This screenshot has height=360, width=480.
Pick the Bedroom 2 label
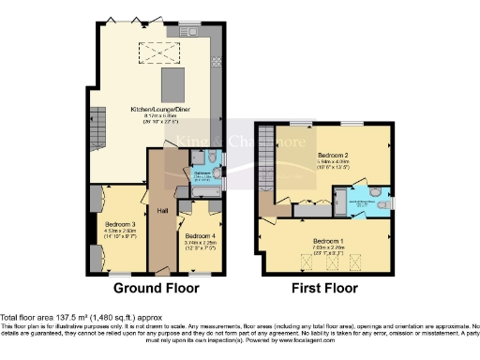(x=333, y=155)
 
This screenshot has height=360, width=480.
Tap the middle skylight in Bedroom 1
(x=330, y=260)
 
